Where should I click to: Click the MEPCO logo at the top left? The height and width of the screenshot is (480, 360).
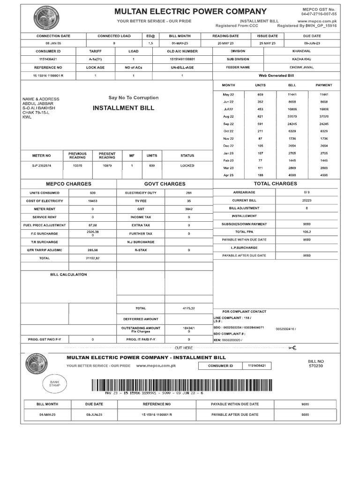coord(46,19)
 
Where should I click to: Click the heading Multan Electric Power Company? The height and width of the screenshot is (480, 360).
coord(191,12)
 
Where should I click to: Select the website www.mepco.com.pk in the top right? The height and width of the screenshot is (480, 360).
coord(317,21)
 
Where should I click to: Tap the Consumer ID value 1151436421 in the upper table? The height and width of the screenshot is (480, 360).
coord(48,60)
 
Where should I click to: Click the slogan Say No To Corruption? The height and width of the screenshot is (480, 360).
coord(134,98)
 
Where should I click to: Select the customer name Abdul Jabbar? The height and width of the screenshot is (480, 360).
coord(38,104)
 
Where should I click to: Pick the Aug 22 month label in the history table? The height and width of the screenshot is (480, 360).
coord(228,116)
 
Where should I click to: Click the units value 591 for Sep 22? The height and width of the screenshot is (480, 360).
coord(260,124)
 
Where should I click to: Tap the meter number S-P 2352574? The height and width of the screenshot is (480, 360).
coord(42,165)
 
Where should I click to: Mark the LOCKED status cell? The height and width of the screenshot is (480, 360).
coord(187,165)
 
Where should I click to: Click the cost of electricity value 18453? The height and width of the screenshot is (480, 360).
coord(92,201)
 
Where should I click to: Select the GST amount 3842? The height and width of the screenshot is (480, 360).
coord(189,209)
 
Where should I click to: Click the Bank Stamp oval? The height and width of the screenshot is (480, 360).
coord(55,383)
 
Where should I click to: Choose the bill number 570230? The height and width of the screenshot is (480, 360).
coord(316,366)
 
